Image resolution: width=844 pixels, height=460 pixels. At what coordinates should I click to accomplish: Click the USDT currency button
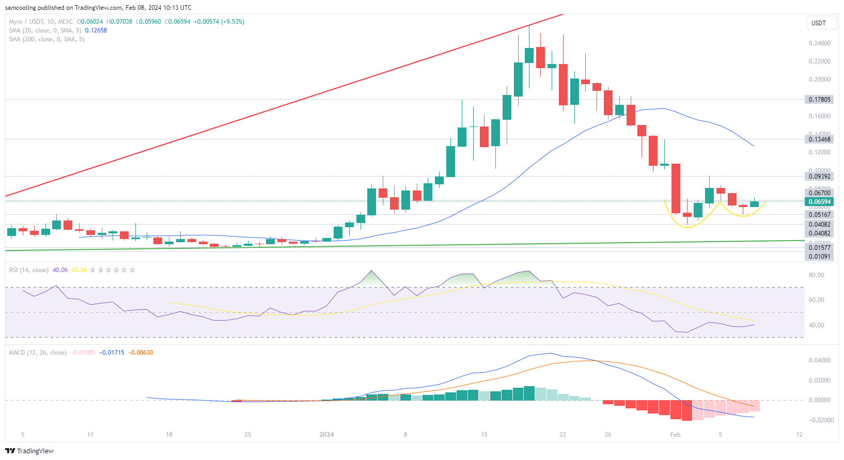tap(818, 23)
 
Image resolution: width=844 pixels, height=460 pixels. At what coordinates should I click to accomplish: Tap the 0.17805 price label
tap(819, 99)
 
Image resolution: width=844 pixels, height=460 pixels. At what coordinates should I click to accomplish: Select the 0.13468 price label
tap(819, 139)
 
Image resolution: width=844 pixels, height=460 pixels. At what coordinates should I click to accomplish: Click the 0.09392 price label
tap(819, 177)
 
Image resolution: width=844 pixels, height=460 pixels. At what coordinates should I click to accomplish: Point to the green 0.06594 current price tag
tap(819, 202)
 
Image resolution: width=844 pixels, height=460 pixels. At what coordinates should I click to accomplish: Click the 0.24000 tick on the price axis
tap(819, 43)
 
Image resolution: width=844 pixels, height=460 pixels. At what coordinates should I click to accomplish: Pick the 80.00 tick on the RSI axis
tap(816, 275)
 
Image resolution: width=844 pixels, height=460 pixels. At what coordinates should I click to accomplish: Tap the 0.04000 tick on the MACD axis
tap(819, 360)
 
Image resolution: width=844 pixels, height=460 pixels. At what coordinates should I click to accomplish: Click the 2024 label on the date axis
tap(326, 435)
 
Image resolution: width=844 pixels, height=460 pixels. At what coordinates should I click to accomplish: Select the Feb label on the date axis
tap(675, 435)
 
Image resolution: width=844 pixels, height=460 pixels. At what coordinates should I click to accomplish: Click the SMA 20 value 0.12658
tap(96, 30)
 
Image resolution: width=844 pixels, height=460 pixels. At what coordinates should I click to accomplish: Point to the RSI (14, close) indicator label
tap(29, 270)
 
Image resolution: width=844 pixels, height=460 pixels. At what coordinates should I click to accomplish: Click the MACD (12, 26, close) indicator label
tap(38, 353)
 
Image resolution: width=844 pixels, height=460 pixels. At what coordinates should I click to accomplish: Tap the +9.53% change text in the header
tap(232, 22)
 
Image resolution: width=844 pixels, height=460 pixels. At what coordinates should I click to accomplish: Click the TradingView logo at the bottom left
tap(29, 451)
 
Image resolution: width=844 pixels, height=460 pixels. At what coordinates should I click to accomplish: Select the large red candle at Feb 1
tap(676, 188)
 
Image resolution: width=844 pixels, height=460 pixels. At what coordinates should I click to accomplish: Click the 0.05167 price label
tap(819, 215)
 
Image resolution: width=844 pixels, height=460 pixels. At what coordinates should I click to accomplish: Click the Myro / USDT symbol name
tap(26, 22)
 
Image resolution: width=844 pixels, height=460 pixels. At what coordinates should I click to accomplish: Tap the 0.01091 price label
tap(819, 257)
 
